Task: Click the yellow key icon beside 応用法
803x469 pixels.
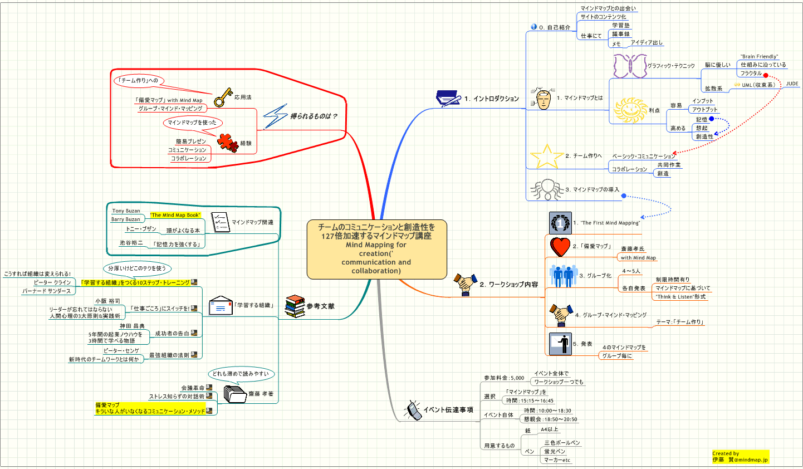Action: (223, 97)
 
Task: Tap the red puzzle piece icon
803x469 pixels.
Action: (228, 142)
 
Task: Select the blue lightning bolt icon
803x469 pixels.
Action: (275, 116)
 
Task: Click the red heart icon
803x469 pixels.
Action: (560, 246)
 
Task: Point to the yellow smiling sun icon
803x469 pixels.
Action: (630, 110)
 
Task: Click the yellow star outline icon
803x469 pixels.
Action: (546, 157)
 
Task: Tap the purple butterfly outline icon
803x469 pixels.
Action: (629, 66)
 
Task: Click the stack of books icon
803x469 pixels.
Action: (295, 306)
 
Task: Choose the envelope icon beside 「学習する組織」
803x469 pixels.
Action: (221, 306)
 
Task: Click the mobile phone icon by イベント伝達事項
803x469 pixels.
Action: (413, 410)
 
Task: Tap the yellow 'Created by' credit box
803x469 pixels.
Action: (740, 457)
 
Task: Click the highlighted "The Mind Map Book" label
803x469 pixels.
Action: (175, 215)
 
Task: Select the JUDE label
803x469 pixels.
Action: (792, 84)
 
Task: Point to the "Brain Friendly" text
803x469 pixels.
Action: (759, 56)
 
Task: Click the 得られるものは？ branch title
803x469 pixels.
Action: (314, 116)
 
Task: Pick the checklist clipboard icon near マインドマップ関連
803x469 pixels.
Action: (221, 222)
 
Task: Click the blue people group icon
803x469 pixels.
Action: (563, 276)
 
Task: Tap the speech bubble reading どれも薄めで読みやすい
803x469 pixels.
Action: (241, 374)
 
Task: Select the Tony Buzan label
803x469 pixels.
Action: (126, 211)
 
